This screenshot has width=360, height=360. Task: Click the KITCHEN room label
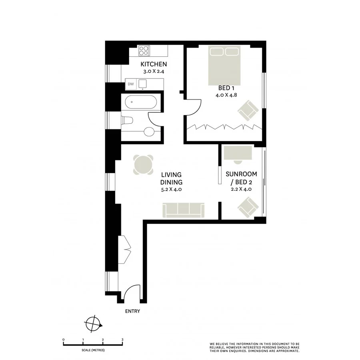153,64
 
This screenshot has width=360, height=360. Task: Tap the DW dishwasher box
131,84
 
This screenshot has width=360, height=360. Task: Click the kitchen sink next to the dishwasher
143,84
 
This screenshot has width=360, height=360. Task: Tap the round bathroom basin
149,132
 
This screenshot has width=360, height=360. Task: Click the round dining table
143,164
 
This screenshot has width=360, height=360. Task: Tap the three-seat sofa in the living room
184,210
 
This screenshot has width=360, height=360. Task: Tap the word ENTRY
132,311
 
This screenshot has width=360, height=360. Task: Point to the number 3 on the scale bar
122,340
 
